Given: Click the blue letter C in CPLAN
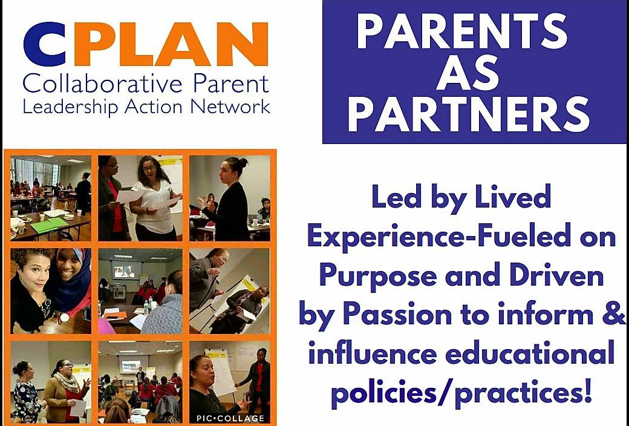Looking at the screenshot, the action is click(x=45, y=44).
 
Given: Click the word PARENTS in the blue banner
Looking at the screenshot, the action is click(x=461, y=31).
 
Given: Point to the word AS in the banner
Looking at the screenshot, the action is click(x=468, y=73).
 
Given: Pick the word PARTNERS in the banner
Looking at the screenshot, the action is click(x=469, y=114).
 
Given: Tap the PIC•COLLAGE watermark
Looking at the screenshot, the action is click(x=230, y=418).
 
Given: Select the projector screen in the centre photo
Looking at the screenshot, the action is click(x=126, y=270).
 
